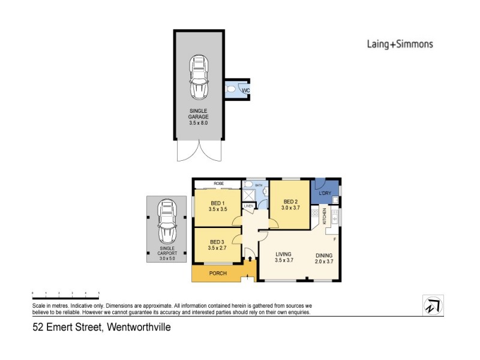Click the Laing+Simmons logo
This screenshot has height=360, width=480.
pyautogui.click(x=399, y=44)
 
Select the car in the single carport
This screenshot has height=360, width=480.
pyautogui.click(x=167, y=221)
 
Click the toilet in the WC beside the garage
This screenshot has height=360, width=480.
pyautogui.click(x=232, y=90)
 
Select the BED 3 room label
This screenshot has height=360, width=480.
pyautogui.click(x=218, y=243)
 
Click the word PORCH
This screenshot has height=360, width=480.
pyautogui.click(x=218, y=274)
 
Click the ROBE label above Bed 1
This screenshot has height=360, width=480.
pyautogui.click(x=217, y=184)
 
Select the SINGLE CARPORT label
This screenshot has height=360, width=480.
pyautogui.click(x=167, y=251)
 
